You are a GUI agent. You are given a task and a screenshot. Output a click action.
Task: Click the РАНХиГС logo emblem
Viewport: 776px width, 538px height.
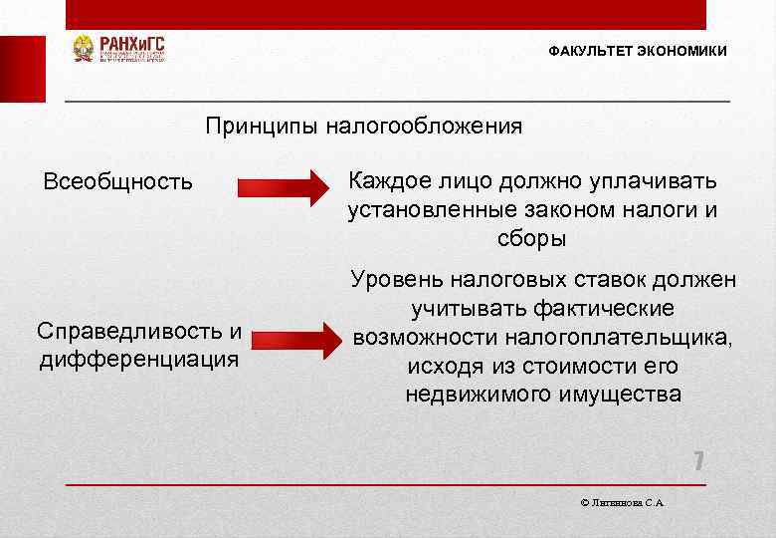pos(84,49)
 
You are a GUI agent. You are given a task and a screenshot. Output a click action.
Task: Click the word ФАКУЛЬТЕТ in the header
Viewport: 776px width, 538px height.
pos(589,51)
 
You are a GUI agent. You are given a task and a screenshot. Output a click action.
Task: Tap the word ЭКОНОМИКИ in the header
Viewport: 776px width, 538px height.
pos(683,51)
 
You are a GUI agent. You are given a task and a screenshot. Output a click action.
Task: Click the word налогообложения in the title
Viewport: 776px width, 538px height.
pos(415,127)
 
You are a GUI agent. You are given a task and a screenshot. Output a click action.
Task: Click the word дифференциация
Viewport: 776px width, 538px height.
pos(139,358)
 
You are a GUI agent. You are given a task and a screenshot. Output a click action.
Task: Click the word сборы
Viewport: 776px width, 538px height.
pos(531,239)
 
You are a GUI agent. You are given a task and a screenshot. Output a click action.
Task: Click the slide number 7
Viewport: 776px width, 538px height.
pos(698,461)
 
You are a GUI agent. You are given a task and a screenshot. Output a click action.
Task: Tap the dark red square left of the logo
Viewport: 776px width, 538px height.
pos(22,69)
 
